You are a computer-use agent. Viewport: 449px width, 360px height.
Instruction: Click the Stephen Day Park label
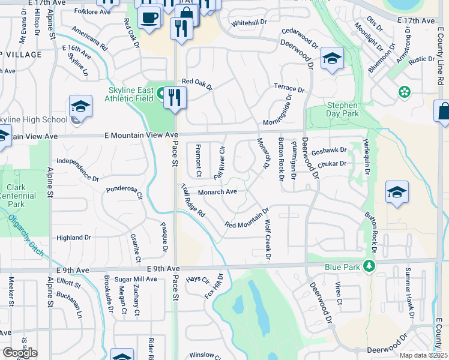[342, 109]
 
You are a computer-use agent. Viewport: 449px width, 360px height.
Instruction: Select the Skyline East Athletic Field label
[131, 94]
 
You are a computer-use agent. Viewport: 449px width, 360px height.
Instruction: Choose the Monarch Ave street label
[218, 192]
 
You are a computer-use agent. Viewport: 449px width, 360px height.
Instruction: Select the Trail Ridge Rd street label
[193, 200]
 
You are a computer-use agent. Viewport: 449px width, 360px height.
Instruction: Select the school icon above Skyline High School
[80, 107]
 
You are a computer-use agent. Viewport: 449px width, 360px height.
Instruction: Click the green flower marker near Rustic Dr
[405, 92]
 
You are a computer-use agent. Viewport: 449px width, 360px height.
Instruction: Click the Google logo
[20, 352]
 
